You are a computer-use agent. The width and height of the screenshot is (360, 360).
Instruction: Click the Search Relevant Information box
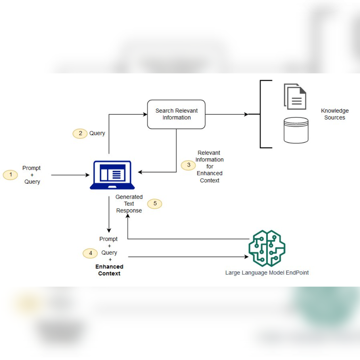[x=176, y=114]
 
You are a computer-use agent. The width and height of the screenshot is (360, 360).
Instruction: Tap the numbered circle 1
[x=10, y=175]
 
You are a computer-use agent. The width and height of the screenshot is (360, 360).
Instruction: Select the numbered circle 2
[x=80, y=134]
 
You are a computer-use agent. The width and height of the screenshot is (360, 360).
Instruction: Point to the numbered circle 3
[x=188, y=165]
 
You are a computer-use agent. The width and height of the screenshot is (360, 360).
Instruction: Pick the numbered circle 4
[x=90, y=253]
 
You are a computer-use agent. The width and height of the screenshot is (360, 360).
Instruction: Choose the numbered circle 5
[x=155, y=203]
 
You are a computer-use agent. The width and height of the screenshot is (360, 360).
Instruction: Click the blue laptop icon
[x=112, y=175]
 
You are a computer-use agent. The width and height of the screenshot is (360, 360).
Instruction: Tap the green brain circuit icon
[x=267, y=248]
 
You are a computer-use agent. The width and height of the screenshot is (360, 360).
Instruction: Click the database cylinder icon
[x=296, y=130]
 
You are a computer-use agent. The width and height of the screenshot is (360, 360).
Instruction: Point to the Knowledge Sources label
[x=335, y=114]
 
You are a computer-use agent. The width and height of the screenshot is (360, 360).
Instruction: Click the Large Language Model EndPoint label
[x=267, y=273]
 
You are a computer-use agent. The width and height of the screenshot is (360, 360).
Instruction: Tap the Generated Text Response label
[x=129, y=204]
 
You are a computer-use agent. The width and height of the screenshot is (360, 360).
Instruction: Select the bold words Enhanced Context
[x=109, y=270]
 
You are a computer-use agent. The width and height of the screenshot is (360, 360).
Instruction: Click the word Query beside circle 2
[x=97, y=133]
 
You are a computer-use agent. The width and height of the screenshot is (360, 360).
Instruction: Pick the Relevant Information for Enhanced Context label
[x=209, y=166]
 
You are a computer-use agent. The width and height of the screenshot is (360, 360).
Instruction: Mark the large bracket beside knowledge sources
[x=261, y=114]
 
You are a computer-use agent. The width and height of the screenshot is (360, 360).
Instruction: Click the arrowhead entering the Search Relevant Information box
[x=145, y=114]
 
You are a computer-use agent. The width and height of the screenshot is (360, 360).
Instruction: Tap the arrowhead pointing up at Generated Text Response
[x=128, y=216]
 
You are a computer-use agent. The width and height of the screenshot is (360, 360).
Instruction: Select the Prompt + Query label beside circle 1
[x=32, y=175]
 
